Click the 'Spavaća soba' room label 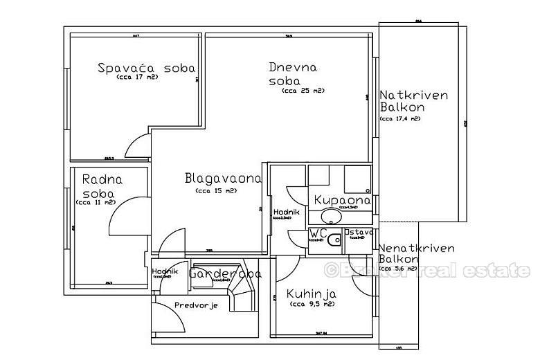146,68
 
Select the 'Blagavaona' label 223,179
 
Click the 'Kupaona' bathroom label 342,200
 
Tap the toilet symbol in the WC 334,240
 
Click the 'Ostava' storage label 359,232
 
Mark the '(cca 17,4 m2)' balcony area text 399,119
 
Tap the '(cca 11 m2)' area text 95,202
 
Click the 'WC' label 318,233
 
